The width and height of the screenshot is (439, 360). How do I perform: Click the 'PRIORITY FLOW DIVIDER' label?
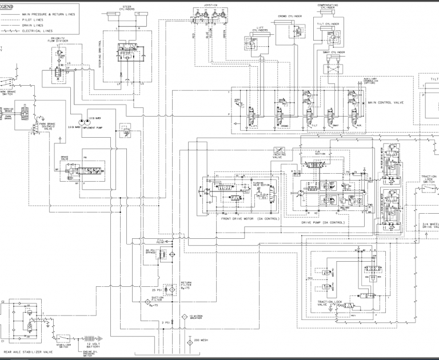tap(59, 41)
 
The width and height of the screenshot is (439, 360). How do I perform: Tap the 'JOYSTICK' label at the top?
tap(211, 4)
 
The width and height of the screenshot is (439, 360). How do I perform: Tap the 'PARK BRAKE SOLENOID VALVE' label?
tap(46, 127)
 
